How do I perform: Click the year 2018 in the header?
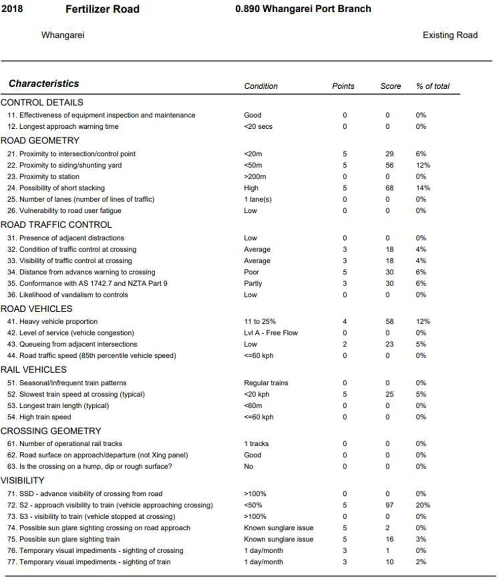click(x=12, y=9)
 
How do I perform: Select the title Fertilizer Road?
click(x=102, y=9)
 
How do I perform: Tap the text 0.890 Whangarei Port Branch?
click(x=303, y=9)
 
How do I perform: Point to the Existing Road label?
click(x=450, y=35)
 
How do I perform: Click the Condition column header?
click(x=261, y=86)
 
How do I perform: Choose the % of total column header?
click(x=433, y=86)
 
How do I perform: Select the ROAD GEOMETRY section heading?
click(x=40, y=140)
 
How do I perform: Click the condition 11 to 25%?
click(x=261, y=321)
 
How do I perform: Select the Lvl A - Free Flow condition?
click(x=271, y=333)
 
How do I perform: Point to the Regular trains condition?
click(x=266, y=383)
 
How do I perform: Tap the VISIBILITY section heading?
click(x=22, y=480)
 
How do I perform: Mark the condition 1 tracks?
click(x=256, y=444)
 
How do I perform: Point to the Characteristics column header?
click(x=44, y=84)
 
